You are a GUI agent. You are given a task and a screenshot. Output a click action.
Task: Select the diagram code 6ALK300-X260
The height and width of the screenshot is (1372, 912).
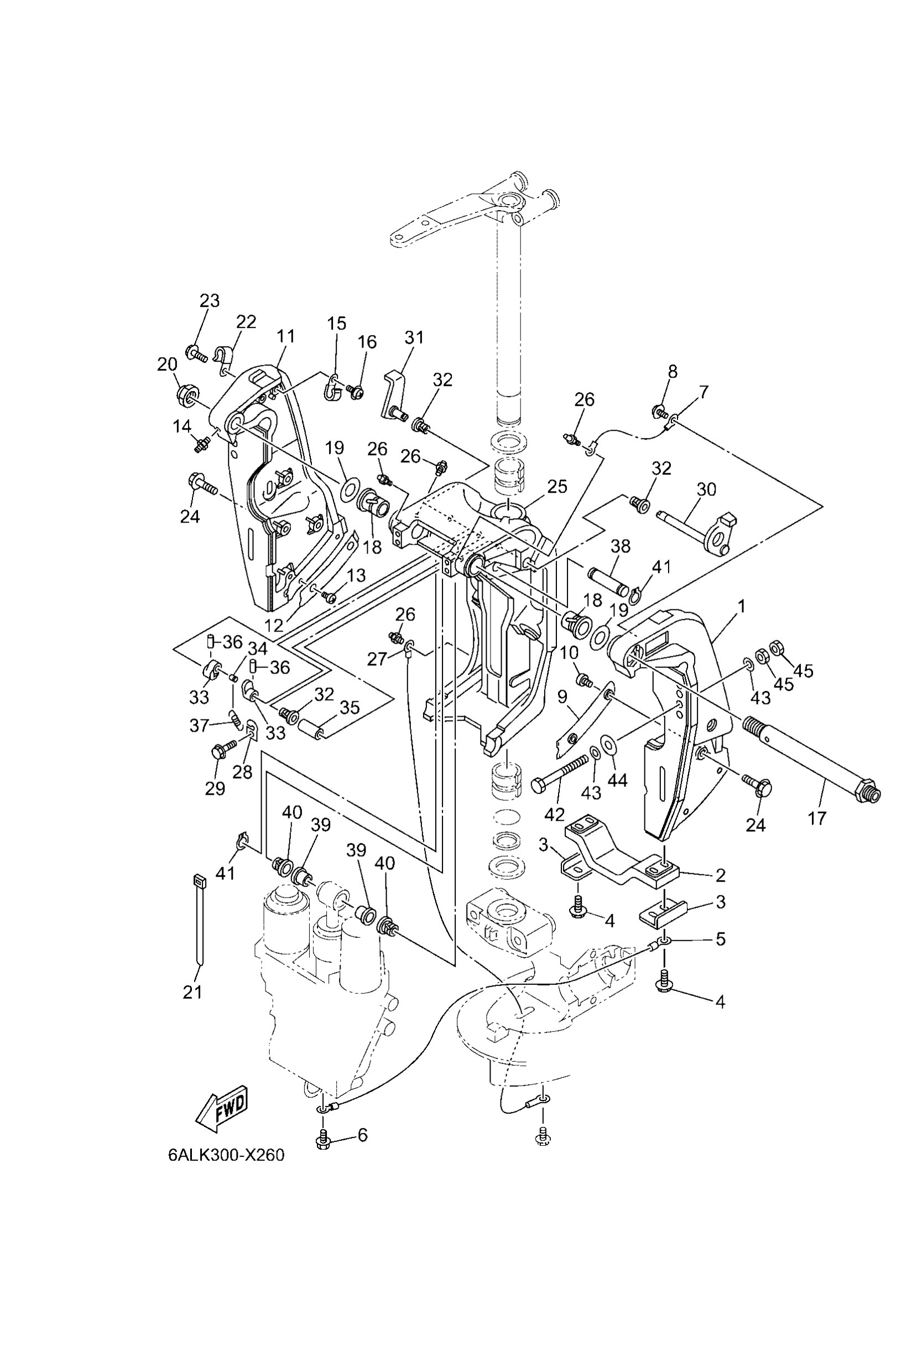[226, 1155]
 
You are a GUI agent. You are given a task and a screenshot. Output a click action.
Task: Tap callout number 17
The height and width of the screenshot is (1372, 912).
[817, 818]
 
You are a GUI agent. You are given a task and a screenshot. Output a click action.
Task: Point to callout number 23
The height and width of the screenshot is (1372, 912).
[210, 301]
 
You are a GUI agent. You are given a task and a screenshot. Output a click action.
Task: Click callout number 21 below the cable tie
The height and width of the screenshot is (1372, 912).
[192, 992]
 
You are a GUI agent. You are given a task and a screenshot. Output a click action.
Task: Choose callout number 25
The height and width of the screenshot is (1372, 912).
[556, 486]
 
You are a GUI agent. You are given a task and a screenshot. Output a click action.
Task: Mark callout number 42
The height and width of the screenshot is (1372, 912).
[554, 814]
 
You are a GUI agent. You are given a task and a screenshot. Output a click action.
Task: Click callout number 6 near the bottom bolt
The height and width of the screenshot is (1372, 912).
[362, 1134]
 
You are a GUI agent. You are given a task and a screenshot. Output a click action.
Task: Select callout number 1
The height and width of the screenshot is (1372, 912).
[741, 607]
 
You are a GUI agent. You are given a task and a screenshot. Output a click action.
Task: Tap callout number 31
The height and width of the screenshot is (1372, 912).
[415, 337]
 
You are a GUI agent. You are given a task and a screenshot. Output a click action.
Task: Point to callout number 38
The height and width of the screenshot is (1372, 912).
[621, 546]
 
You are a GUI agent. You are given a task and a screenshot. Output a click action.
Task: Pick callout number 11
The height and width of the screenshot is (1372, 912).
[285, 336]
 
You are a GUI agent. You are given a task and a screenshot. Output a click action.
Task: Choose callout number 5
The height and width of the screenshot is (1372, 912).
[720, 938]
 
